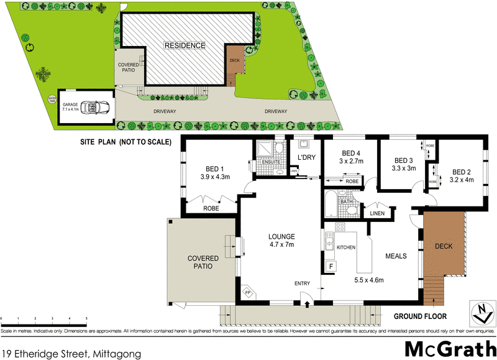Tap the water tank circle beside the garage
[x=52, y=99]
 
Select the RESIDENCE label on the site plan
[x=185, y=45]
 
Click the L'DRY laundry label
[x=307, y=157]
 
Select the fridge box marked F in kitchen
[x=331, y=266]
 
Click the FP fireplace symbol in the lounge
[x=247, y=292]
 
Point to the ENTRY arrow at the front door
[x=309, y=304]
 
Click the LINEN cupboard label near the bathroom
[x=378, y=213]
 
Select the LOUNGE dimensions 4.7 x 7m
[x=281, y=244]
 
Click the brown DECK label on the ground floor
[x=444, y=246]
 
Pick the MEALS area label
[x=396, y=255]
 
